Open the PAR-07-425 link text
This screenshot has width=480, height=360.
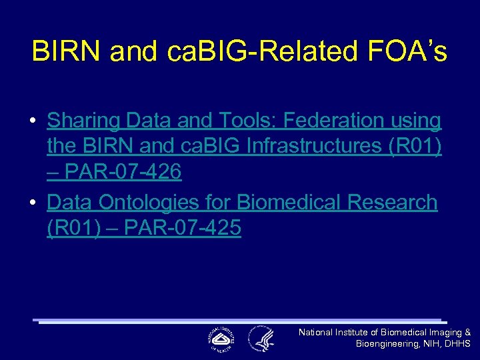[183, 228]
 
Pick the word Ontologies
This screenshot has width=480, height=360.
[163, 201]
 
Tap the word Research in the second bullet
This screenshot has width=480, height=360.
[393, 201]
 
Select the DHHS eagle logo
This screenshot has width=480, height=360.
[261, 339]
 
